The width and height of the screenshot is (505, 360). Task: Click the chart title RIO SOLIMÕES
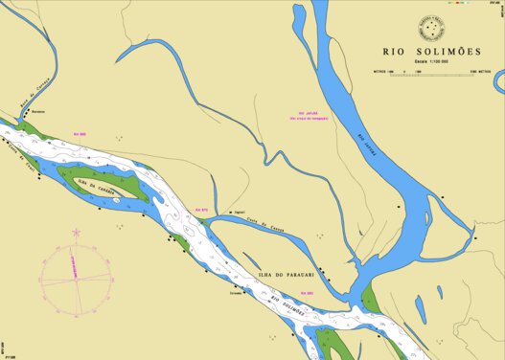point(431,53)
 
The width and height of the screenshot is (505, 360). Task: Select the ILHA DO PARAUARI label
point(287,274)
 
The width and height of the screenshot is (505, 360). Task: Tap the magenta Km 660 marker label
point(81,134)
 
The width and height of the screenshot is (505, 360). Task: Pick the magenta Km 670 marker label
point(201,209)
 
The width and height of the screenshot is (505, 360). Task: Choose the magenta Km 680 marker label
point(306,293)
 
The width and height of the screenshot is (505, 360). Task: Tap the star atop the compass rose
point(77,232)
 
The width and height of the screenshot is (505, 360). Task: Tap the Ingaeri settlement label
point(240,213)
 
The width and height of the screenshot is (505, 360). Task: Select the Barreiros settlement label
point(38,113)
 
